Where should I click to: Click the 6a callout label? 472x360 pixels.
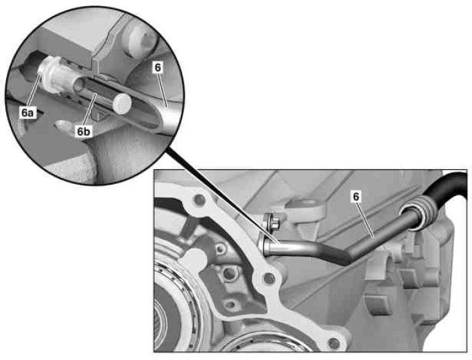(x=27, y=113)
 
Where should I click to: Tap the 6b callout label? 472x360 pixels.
(x=84, y=131)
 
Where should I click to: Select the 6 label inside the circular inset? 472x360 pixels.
(x=158, y=67)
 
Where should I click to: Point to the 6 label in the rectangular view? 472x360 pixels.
(x=356, y=197)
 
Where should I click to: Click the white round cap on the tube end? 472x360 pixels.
(x=122, y=103)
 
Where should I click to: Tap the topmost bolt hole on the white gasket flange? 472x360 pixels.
(x=199, y=199)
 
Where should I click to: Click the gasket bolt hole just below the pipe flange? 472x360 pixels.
(x=269, y=279)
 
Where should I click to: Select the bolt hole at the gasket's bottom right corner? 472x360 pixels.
(x=333, y=343)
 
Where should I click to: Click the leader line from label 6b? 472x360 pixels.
(x=90, y=110)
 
